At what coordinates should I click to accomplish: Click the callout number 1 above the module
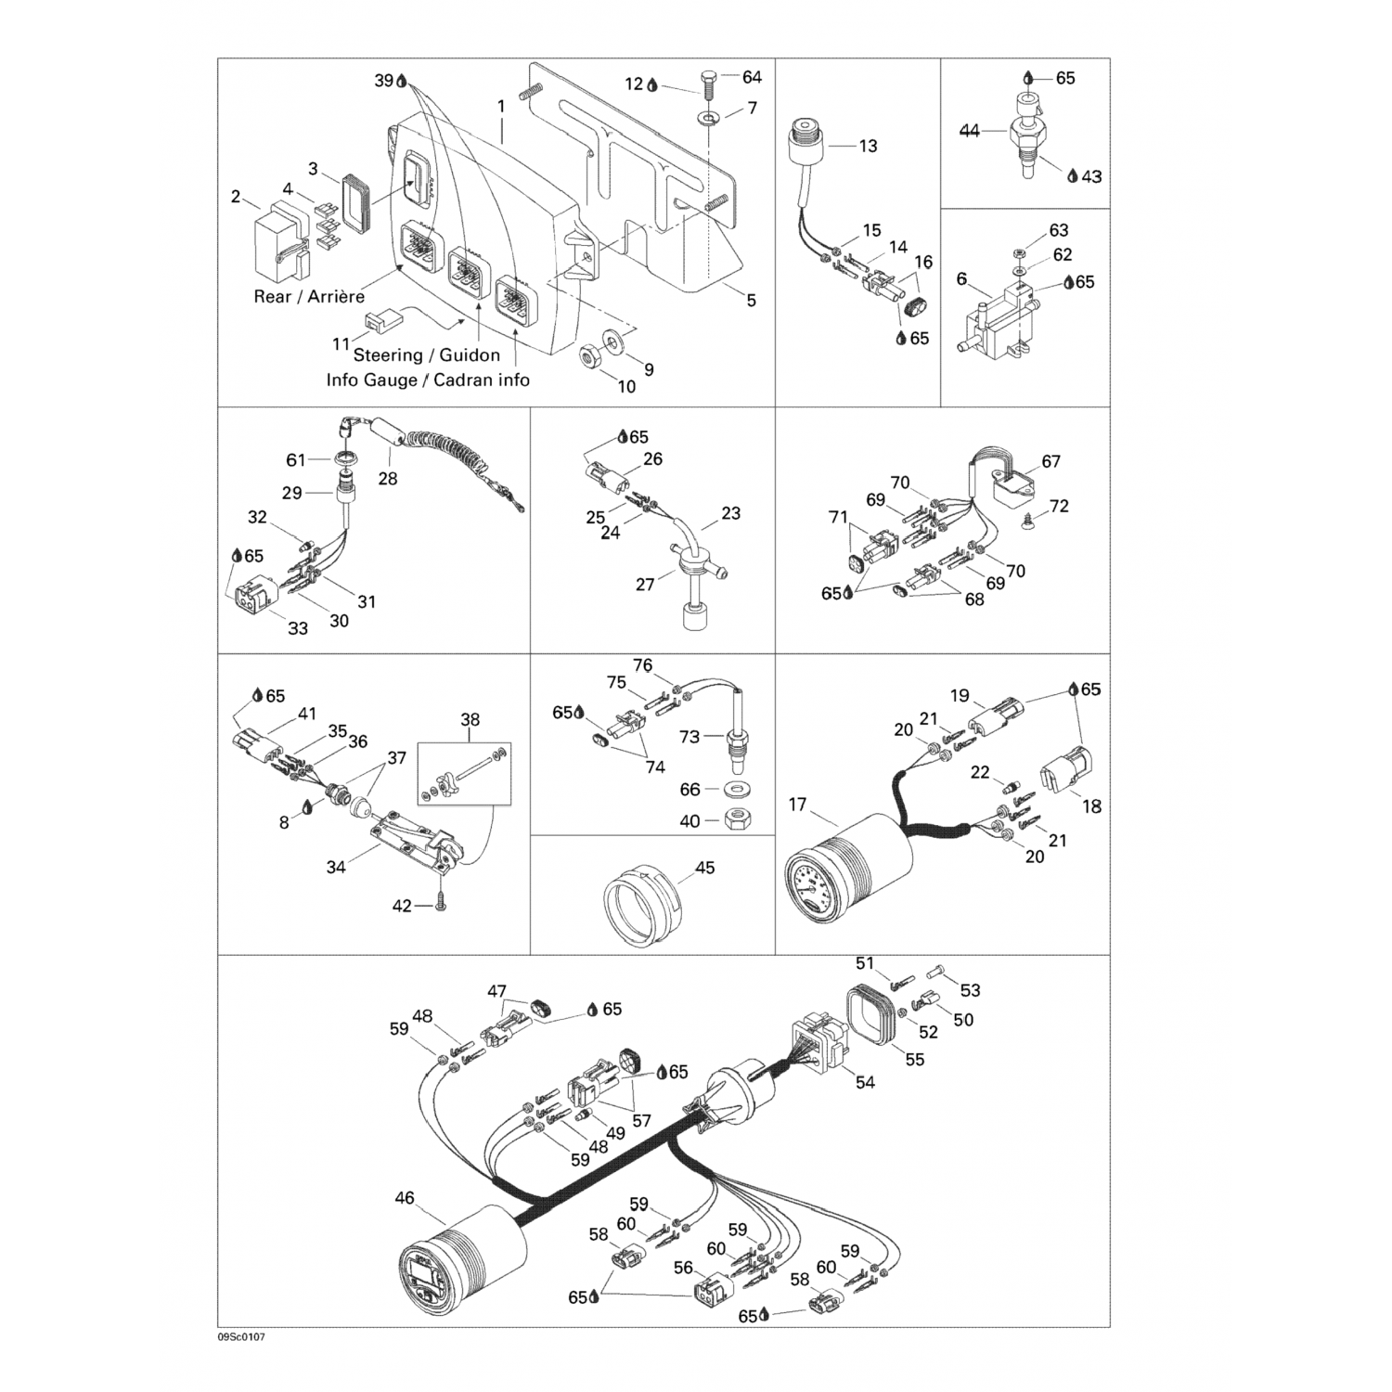tap(501, 107)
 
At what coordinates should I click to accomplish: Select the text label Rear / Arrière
tap(309, 297)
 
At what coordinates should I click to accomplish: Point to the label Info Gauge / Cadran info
tap(428, 380)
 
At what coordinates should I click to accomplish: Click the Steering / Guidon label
tap(427, 354)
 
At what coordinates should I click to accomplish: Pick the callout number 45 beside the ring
tap(705, 869)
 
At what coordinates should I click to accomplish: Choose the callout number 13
tap(868, 146)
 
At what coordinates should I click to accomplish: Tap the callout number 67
tap(1050, 461)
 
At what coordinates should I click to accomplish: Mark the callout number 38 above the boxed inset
tap(470, 719)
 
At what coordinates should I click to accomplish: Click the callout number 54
tap(865, 1082)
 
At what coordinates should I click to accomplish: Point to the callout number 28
tap(387, 479)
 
